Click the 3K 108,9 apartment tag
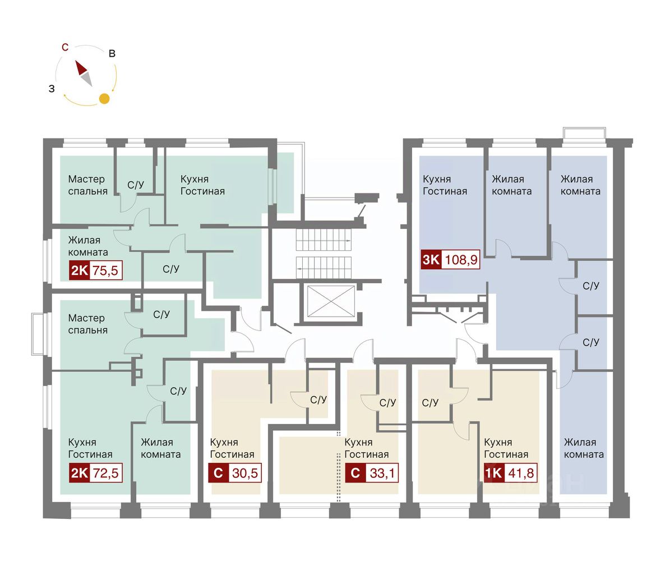pyautogui.click(x=450, y=259)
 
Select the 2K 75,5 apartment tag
pyautogui.click(x=96, y=270)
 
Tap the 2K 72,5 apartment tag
pyautogui.click(x=96, y=472)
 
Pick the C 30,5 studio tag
pyautogui.click(x=235, y=472)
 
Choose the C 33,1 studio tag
pyautogui.click(x=372, y=472)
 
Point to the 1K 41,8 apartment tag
pyautogui.click(x=511, y=472)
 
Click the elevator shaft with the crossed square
pyautogui.click(x=331, y=301)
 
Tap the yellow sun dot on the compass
pyautogui.click(x=104, y=98)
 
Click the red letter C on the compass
pyautogui.click(x=65, y=47)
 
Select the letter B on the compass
pyautogui.click(x=112, y=53)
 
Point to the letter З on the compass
pyautogui.click(x=52, y=89)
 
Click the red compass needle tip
pyautogui.click(x=76, y=61)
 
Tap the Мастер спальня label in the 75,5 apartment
pyautogui.click(x=88, y=185)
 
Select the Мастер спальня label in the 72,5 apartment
pyautogui.click(x=88, y=324)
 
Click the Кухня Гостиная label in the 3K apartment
pyautogui.click(x=445, y=185)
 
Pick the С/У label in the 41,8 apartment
pyautogui.click(x=430, y=402)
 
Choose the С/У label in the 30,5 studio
pyautogui.click(x=318, y=399)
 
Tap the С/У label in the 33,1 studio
pyautogui.click(x=387, y=402)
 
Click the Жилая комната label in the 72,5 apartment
pyautogui.click(x=161, y=448)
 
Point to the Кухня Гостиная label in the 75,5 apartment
pyautogui.click(x=203, y=185)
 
